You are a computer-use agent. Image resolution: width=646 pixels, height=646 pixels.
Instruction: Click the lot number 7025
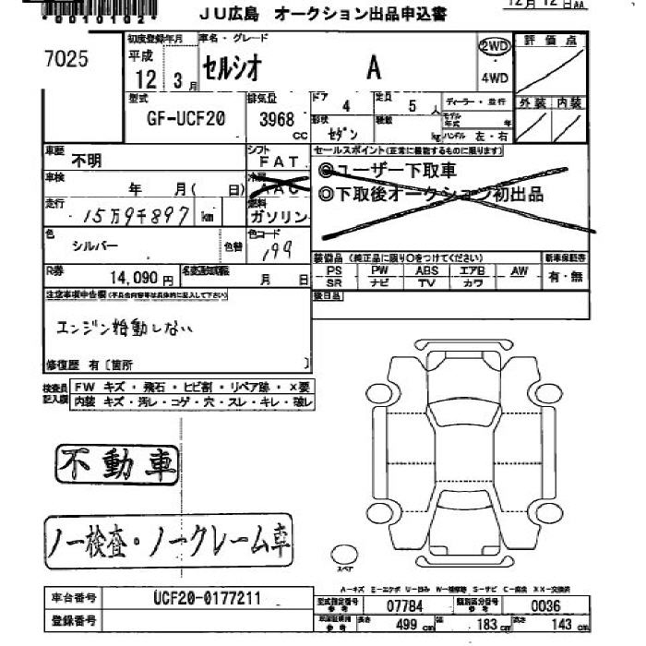pyautogui.click(x=66, y=60)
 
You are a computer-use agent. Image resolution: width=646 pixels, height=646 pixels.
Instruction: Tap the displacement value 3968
pyautogui.click(x=277, y=119)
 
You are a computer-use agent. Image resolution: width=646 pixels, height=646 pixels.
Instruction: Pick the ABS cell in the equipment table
pyautogui.click(x=426, y=270)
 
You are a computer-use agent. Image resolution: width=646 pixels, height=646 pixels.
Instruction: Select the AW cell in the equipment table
pyautogui.click(x=519, y=270)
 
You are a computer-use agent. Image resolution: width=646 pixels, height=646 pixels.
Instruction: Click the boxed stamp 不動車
pyautogui.click(x=115, y=465)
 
